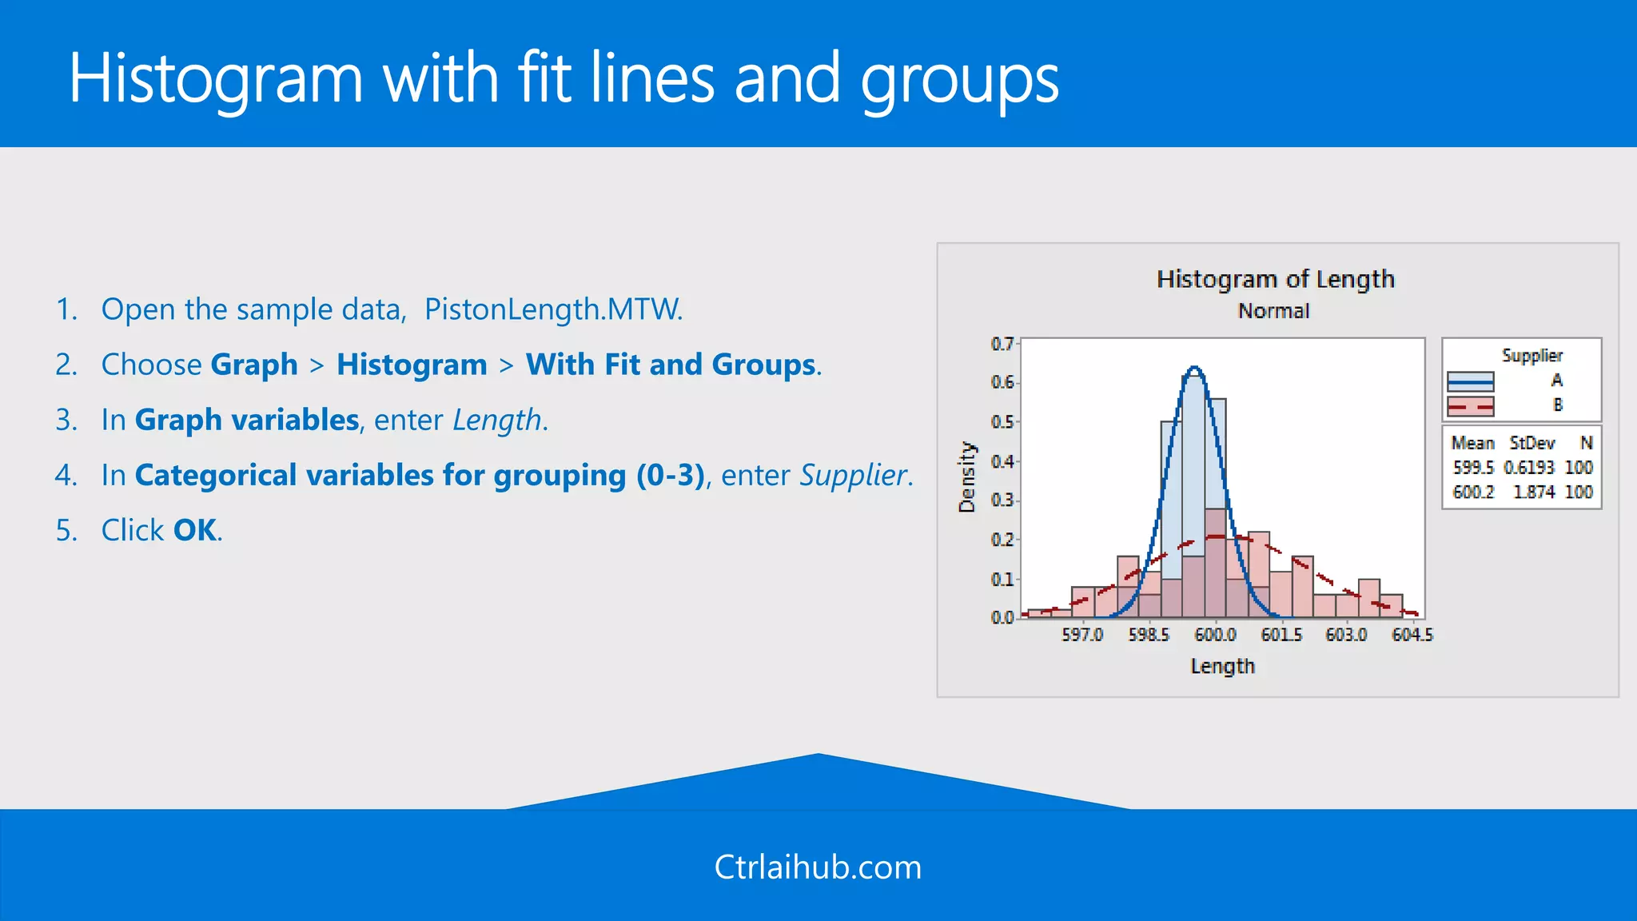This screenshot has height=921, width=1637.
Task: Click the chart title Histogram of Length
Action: coord(1275,279)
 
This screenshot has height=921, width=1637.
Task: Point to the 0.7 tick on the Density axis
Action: coord(1002,344)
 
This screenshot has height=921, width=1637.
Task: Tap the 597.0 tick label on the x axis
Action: coord(1082,635)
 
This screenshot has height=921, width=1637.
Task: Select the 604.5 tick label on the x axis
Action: coord(1412,635)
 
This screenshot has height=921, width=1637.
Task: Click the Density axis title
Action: coord(967,477)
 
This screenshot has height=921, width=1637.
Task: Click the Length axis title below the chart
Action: coord(1222,666)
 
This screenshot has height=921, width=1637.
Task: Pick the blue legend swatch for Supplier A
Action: coord(1470,381)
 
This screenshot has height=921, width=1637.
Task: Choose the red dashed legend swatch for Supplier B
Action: coord(1470,406)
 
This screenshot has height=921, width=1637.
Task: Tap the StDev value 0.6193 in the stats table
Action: coord(1528,467)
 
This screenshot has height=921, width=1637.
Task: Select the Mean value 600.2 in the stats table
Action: coord(1473,492)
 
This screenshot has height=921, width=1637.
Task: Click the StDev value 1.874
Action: coord(1533,492)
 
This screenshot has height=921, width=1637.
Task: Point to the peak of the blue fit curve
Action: coord(1194,368)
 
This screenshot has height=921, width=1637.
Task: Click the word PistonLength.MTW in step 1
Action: coord(553,309)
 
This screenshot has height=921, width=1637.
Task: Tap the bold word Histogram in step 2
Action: coord(412,365)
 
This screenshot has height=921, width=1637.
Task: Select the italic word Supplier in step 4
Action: coord(854,475)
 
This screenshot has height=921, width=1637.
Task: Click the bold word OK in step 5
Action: coord(195,530)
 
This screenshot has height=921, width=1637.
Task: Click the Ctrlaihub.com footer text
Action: coord(818,867)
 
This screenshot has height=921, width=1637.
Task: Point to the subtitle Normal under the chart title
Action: coord(1273,311)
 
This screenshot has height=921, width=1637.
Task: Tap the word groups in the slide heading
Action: coord(959,80)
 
